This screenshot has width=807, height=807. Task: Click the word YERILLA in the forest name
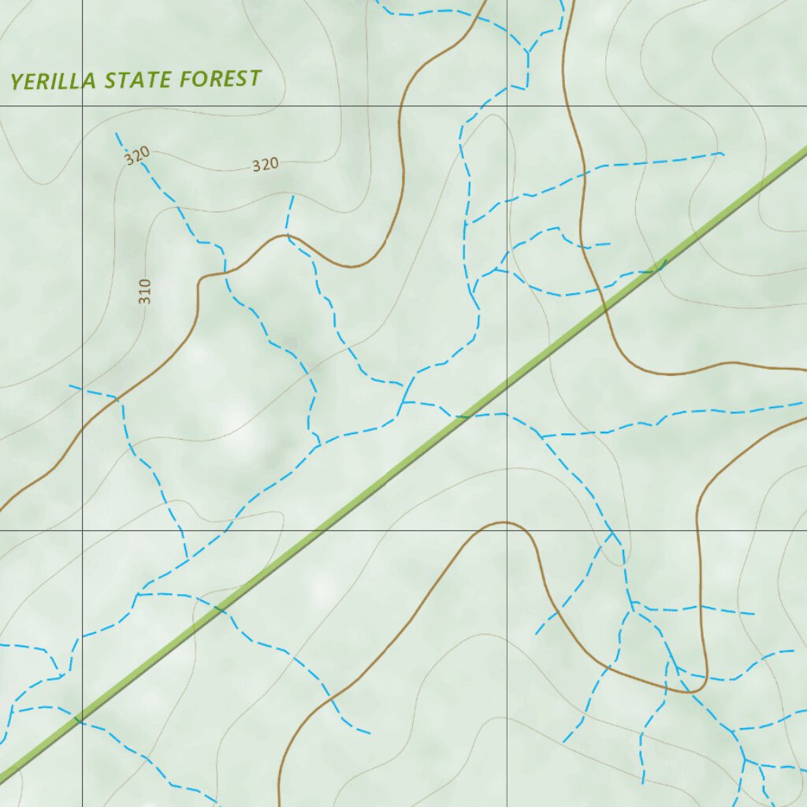54,80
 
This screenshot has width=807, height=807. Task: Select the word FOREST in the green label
220,79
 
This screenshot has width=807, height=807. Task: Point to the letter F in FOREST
186,79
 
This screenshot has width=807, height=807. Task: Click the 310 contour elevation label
144,292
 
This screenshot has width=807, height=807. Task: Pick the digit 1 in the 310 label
144,292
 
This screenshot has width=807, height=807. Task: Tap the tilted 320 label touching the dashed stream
136,156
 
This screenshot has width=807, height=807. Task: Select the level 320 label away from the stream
266,165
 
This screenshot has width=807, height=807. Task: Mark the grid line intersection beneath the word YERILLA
83,105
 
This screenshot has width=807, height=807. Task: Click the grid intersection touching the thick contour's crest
507,530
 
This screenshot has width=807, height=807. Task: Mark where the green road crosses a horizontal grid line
319,530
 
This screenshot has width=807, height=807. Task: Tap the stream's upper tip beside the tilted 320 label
117,134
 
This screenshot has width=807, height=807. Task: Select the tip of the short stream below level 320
293,196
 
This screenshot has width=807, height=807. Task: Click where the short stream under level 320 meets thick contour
288,235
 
